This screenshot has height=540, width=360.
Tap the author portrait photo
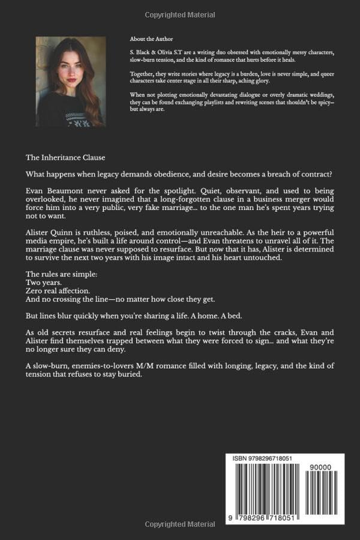[71, 81]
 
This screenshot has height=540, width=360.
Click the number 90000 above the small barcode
[321, 468]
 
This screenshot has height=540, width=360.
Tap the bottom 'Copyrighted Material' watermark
[180, 525]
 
